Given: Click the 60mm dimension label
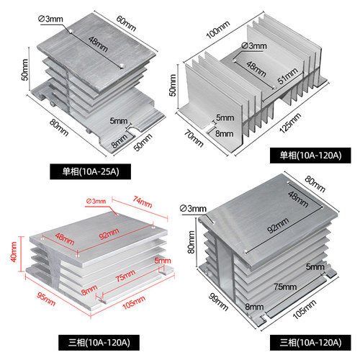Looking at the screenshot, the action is point(126,23).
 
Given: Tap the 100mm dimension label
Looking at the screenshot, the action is point(218,30).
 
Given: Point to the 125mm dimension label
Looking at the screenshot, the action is point(290,122).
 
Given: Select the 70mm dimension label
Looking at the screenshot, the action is point(194,138).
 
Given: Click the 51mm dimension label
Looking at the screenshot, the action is point(288,76).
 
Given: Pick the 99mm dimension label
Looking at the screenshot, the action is point(218,302).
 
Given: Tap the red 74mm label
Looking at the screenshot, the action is point(143,202).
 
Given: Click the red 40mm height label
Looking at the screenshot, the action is point(14,252).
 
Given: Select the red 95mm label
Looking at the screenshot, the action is point(46,299).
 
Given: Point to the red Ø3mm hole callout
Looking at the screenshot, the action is point(96,201).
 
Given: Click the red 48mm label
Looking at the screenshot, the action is point(65,239).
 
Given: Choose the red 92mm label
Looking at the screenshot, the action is point(109,234).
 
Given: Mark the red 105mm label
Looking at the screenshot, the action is point(134,302).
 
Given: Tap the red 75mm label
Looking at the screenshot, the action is point(125,276).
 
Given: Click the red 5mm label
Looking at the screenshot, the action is point(163,261).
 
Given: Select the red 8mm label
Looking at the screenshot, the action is point(89,289).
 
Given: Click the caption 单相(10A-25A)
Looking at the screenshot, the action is point(91,171).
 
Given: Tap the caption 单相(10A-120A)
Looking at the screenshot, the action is point(310,156).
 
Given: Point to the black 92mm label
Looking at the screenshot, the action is point(278,225).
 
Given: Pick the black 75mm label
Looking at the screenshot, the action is point(285,287).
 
